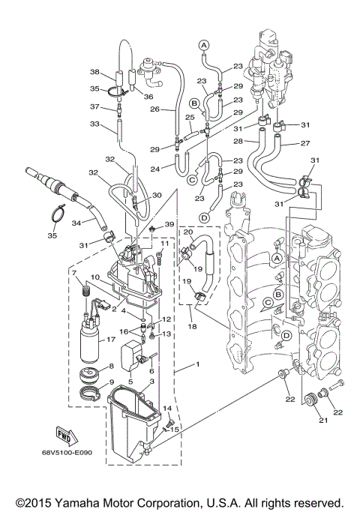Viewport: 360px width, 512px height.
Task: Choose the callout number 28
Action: coord(237,141)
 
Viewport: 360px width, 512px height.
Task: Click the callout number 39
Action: coord(169,224)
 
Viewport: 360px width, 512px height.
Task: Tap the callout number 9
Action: coord(112,383)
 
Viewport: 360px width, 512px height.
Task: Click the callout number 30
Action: coord(156,195)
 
